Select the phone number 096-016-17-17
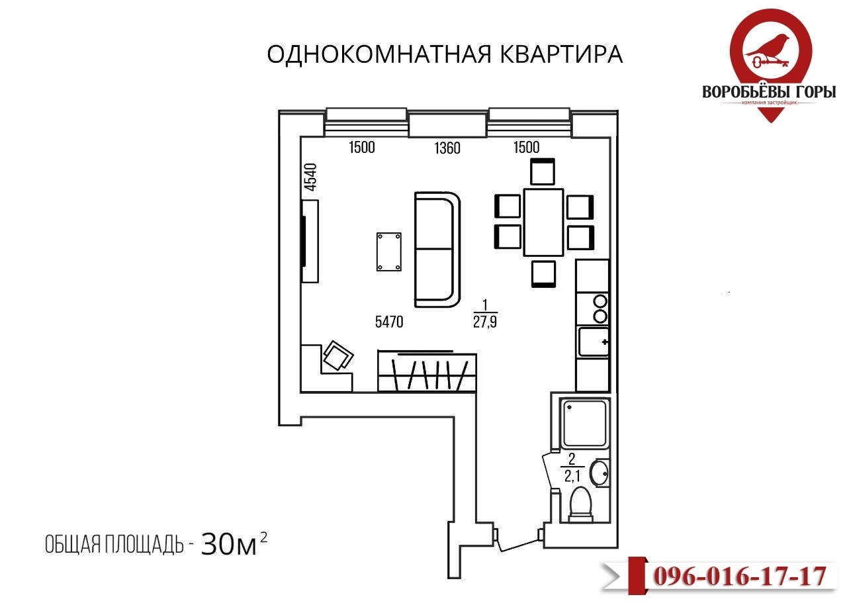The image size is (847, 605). (x=740, y=576)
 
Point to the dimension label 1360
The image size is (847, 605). (x=447, y=148)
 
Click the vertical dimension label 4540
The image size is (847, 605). (x=310, y=177)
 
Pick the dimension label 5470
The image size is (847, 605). (x=389, y=322)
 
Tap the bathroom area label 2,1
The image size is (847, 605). (x=570, y=475)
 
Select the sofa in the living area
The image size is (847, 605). (x=437, y=249)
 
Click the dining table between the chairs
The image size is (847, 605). (x=543, y=222)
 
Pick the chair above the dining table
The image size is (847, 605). (x=543, y=172)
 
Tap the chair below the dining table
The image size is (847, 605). (x=543, y=273)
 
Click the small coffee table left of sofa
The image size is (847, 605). (x=388, y=252)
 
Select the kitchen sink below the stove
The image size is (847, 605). (x=593, y=342)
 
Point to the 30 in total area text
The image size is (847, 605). (x=217, y=544)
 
